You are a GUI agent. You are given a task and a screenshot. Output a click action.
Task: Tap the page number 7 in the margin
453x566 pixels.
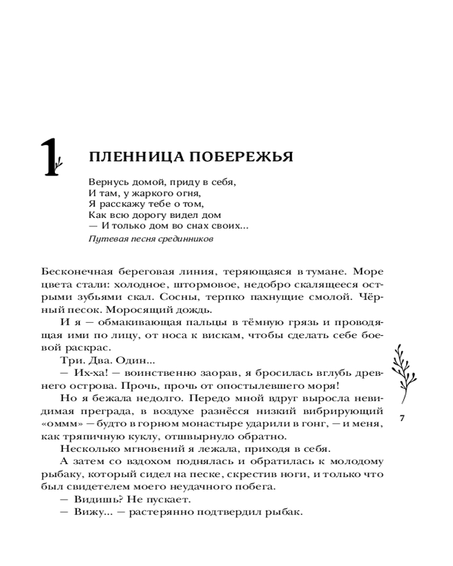pos(401,419)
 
